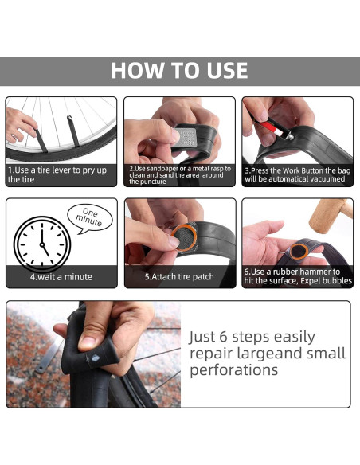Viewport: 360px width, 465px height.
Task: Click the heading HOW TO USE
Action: [x=179, y=71]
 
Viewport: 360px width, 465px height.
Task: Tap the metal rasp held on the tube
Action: [x=186, y=137]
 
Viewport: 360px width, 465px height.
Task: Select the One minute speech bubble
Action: [x=89, y=218]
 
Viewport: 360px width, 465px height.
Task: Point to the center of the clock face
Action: [x=42, y=244]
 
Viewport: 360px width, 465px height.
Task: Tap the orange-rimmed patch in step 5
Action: [x=184, y=238]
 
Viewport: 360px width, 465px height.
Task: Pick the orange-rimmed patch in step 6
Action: [x=299, y=251]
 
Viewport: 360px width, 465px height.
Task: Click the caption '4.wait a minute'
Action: [x=61, y=276]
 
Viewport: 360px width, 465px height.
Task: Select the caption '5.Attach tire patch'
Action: [x=179, y=276]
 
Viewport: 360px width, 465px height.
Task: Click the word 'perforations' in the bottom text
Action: [x=233, y=369]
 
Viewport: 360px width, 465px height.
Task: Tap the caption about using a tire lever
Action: [x=57, y=174]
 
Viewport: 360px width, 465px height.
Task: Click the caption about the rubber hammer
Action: [x=298, y=276]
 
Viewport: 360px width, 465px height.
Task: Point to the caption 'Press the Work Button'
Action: [x=297, y=174]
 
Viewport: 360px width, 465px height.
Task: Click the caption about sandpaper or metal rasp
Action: [x=180, y=175]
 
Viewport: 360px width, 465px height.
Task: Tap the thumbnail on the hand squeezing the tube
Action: [x=87, y=342]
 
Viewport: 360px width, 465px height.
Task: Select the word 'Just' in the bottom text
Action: [x=202, y=337]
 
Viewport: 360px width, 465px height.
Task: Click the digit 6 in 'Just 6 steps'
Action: [x=223, y=337]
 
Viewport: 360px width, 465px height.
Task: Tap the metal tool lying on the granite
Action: [x=50, y=355]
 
